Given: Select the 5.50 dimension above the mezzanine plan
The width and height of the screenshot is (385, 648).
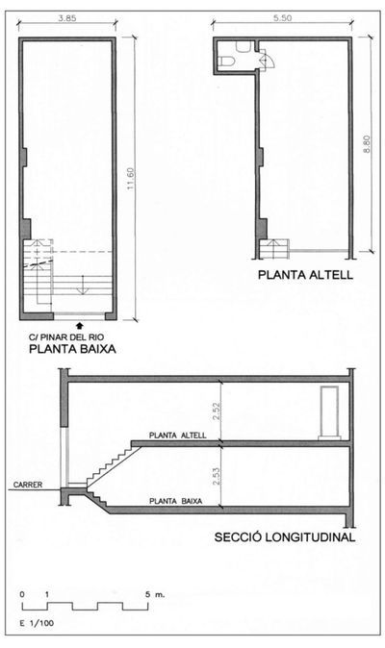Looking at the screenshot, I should (x=282, y=18).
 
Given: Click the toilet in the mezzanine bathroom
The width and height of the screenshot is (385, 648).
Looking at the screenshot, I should (x=226, y=62).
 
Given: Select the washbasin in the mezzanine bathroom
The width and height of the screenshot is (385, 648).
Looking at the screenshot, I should (x=246, y=47).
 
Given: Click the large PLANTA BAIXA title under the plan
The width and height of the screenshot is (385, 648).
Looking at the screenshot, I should (x=71, y=351).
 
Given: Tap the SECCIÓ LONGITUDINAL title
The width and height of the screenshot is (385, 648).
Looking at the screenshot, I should (x=286, y=537).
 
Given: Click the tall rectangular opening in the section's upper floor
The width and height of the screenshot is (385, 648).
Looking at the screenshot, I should (x=329, y=411).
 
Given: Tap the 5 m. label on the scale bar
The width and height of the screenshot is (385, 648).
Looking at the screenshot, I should (x=156, y=595).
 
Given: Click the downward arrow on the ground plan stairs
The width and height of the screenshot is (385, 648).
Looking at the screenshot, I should (x=84, y=285).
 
